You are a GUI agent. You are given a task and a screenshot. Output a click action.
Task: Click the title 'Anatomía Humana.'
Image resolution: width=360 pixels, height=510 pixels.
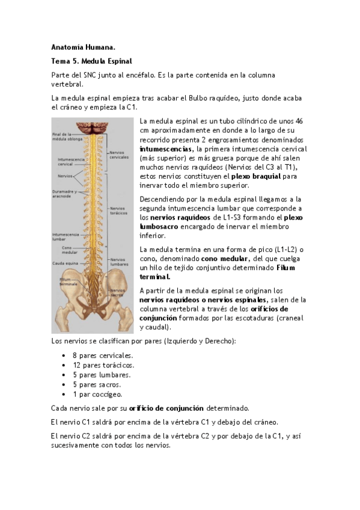[83, 47]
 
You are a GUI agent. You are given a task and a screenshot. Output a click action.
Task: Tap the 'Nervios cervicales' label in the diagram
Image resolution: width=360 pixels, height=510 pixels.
[119, 155]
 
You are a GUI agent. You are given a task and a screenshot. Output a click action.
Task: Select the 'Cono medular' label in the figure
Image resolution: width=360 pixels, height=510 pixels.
[71, 250]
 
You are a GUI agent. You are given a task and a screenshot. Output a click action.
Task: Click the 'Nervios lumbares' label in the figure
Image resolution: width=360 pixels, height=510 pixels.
[119, 262]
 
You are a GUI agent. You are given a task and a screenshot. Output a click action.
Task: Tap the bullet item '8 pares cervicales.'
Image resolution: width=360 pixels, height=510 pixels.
[103, 355]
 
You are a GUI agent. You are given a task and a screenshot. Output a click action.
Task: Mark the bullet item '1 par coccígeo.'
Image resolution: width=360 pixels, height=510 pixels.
[97, 395]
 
